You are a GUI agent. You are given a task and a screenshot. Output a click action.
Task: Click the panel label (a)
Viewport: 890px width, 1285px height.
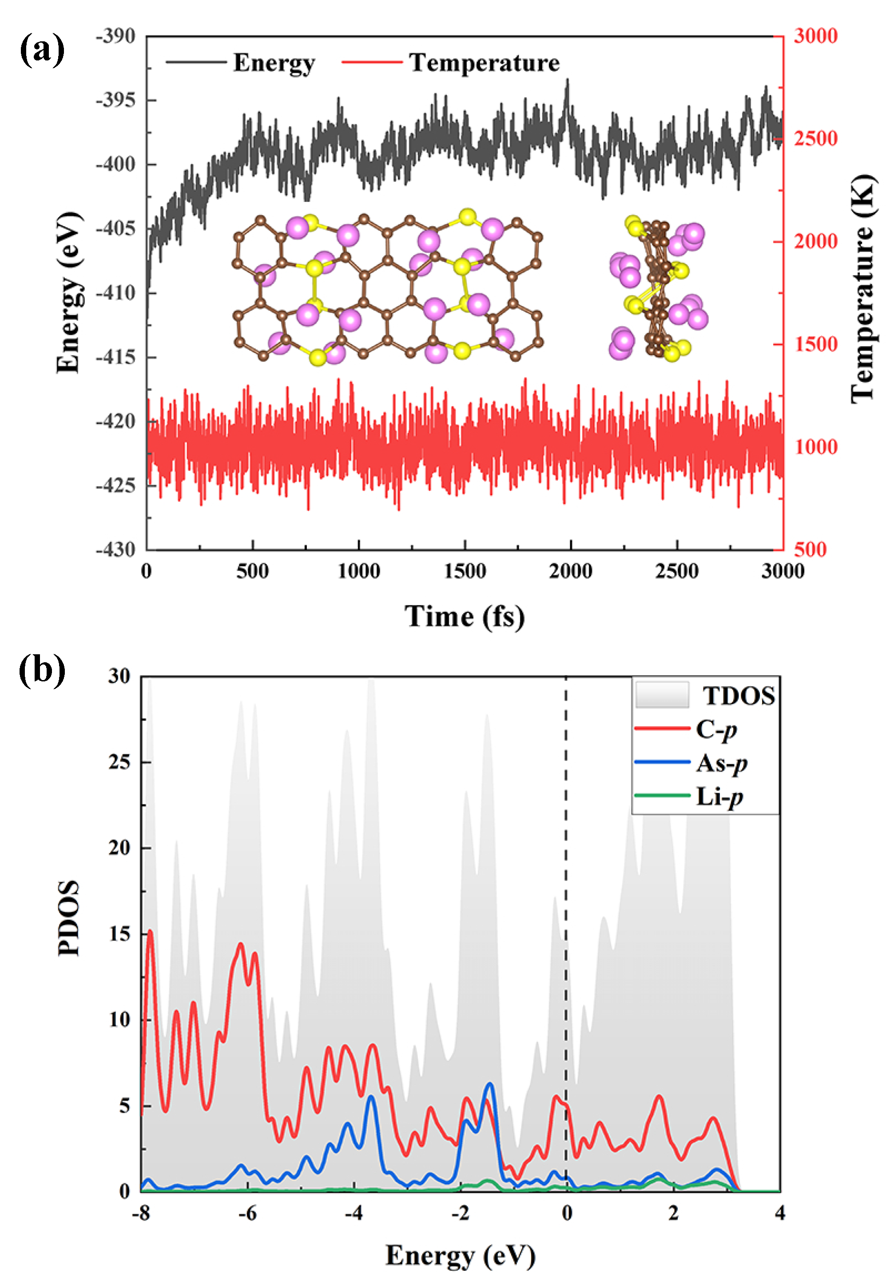pos(42,50)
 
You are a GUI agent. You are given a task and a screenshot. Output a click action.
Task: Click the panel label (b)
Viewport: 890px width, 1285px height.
pos(42,669)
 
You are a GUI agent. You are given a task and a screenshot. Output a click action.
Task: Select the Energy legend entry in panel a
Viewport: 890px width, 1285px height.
pos(273,63)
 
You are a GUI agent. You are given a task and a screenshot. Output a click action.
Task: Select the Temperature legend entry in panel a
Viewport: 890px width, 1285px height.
pos(484,63)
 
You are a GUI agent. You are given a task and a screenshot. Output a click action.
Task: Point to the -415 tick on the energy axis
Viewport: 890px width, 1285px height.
pos(115,357)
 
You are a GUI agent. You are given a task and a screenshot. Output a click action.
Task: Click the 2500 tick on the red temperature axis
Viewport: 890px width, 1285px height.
pos(815,138)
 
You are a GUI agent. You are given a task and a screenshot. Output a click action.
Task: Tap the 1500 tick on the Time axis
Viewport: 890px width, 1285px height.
pos(465,571)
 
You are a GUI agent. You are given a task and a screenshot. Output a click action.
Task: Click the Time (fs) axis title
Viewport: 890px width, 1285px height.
pos(465,616)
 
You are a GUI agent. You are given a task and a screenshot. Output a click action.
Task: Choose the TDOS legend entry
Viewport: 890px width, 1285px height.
pos(738,696)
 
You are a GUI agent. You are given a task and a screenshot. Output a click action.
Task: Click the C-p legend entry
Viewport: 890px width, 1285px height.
pos(716,729)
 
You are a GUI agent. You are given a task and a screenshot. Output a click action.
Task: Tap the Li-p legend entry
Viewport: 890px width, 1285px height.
pos(719,796)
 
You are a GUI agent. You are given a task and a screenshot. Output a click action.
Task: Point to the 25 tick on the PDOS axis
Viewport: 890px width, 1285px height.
pos(119,762)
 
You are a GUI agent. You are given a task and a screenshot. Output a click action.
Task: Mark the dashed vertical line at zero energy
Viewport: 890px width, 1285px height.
pos(566,893)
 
